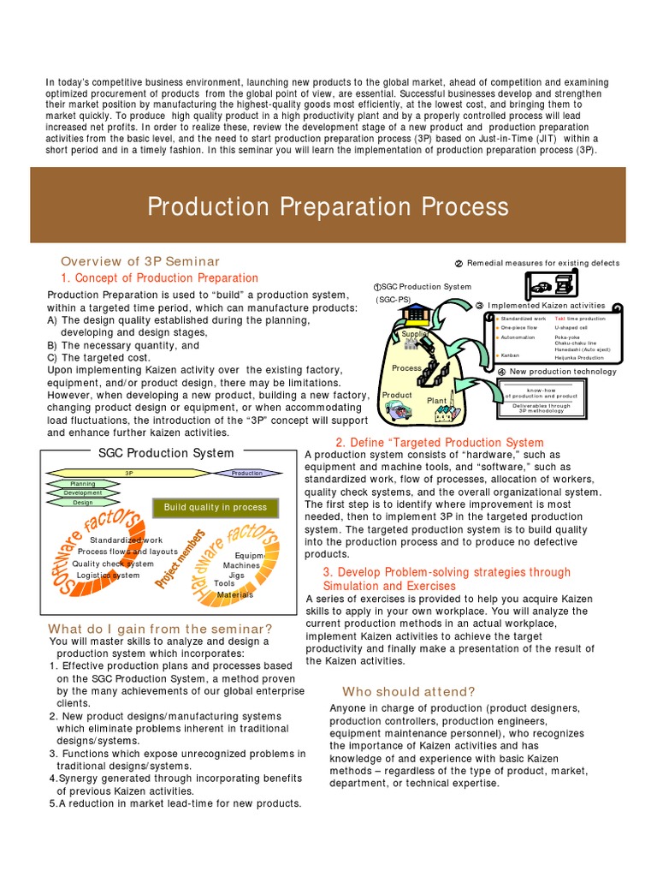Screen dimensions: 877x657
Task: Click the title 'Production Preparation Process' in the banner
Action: pyautogui.click(x=328, y=206)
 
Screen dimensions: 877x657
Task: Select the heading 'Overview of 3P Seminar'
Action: pyautogui.click(x=140, y=261)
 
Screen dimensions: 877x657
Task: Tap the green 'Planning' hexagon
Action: pyautogui.click(x=83, y=484)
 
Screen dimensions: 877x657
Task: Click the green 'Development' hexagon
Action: pyautogui.click(x=83, y=493)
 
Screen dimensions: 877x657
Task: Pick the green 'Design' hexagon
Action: pyautogui.click(x=83, y=503)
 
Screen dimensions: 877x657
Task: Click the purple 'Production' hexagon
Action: pyautogui.click(x=246, y=473)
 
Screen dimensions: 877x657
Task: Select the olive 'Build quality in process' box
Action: pyautogui.click(x=216, y=507)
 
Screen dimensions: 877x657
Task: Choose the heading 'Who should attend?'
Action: pyautogui.click(x=409, y=691)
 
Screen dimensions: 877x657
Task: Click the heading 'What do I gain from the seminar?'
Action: pyautogui.click(x=161, y=629)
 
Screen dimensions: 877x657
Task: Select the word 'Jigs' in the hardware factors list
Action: pyautogui.click(x=236, y=575)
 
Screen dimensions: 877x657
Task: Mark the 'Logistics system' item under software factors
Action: pyautogui.click(x=108, y=576)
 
